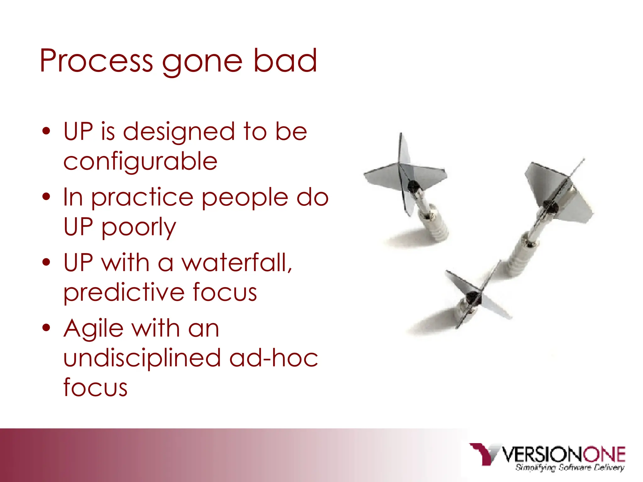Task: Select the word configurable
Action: [x=140, y=162]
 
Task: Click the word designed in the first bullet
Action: [x=179, y=132]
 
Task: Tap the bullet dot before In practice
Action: [x=46, y=197]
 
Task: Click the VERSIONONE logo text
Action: [x=564, y=454]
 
